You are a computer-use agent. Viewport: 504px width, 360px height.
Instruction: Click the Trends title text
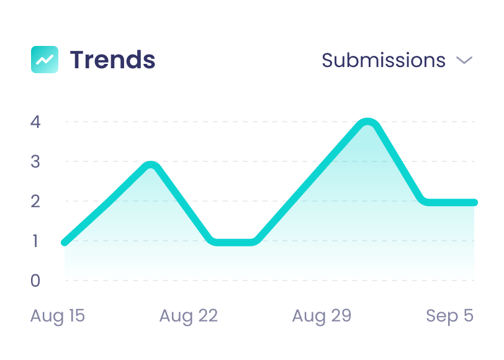112,60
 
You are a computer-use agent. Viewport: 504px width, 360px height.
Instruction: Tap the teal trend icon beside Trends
45,60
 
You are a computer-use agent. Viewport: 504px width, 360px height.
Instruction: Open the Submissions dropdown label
383,60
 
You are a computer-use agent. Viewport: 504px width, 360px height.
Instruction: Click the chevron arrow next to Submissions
464,60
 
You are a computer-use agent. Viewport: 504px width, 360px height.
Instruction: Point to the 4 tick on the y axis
35,122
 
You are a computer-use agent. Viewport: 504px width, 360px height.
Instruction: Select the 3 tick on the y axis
35,161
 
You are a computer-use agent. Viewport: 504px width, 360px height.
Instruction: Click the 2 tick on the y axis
35,201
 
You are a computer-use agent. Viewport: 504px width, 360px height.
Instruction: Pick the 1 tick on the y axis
35,241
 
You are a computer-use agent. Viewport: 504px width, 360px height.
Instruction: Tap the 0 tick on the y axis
35,281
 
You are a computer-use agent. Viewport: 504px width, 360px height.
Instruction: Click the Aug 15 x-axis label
58,316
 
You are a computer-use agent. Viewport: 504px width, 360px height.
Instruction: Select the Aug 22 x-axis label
188,316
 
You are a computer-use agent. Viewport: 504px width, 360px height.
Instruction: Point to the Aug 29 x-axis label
322,316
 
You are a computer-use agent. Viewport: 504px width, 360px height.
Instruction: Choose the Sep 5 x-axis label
449,316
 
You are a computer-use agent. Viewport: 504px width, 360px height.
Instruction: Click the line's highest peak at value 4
368,123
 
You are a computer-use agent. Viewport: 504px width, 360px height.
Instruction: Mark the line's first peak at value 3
150,166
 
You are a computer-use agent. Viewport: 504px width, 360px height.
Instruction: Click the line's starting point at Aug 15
65,242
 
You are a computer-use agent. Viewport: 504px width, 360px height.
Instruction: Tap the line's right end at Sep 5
474,202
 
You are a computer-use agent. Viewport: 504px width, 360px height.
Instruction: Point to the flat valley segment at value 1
233,241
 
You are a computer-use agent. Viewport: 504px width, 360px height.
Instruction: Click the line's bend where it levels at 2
425,201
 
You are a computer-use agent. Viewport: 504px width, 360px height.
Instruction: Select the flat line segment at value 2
450,202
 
